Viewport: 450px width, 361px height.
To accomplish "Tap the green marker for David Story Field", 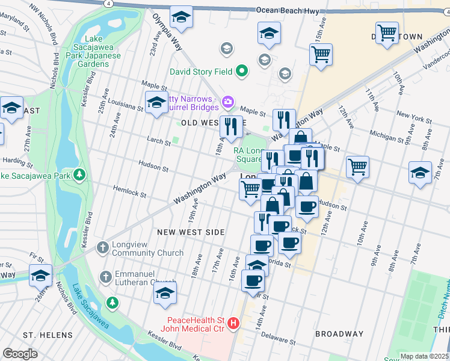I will tap(242, 72).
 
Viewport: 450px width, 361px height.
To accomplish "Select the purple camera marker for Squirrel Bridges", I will tap(228, 101).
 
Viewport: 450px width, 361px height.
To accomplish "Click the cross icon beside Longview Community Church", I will tap(103, 247).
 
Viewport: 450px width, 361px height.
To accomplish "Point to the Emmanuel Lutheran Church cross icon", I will tap(105, 277).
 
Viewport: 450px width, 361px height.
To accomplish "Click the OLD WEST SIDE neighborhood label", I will tap(206, 123).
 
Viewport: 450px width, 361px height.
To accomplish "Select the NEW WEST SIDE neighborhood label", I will tap(191, 232).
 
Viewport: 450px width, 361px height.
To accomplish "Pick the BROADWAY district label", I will tap(339, 334).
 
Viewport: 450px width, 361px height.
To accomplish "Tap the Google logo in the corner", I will tap(20, 354).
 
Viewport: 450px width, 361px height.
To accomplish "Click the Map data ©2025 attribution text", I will tap(424, 356).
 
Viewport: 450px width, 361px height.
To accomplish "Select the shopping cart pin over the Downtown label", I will tap(387, 33).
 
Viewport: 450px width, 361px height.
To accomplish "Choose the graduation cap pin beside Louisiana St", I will tap(156, 102).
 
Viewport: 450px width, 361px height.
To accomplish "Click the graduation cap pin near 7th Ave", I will tap(420, 173).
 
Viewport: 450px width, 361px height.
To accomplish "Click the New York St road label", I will tap(411, 116).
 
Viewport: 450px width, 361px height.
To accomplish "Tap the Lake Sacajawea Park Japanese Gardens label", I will tap(96, 56).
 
